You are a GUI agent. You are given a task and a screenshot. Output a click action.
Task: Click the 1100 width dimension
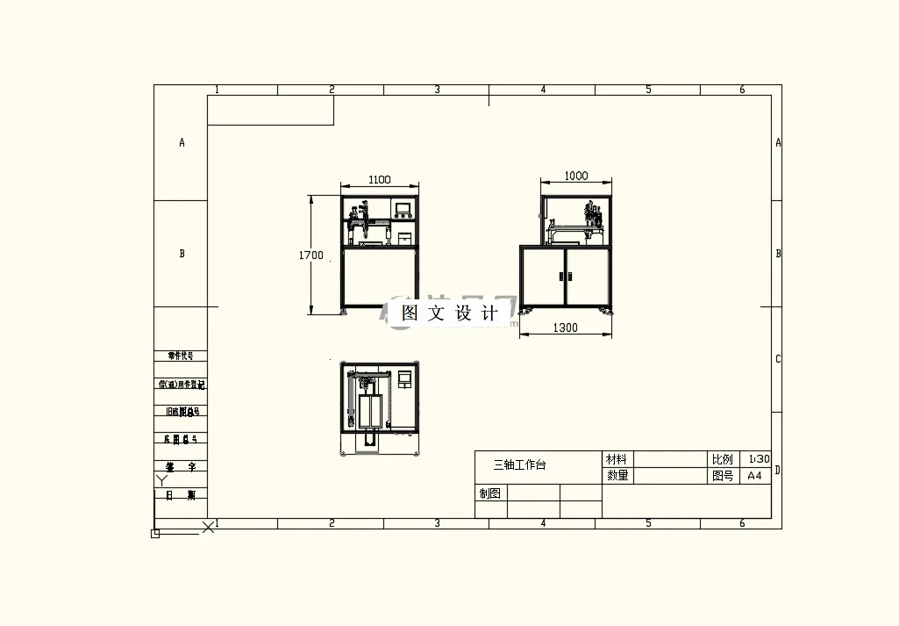coord(379,179)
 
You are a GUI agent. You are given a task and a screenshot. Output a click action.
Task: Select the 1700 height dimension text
coord(310,255)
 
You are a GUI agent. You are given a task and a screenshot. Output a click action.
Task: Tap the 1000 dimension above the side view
coord(575,176)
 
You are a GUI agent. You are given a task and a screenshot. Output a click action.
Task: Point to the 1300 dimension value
coord(566,327)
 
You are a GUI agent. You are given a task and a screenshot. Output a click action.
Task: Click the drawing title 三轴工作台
coord(519,464)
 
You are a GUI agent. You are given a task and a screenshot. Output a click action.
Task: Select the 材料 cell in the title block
coord(617,459)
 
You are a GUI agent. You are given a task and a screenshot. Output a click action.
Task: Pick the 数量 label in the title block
coord(617,476)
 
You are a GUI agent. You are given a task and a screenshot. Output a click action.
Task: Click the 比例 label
coord(722,459)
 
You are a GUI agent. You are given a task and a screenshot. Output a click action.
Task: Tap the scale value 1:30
coord(758,459)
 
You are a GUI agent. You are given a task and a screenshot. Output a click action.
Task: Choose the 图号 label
coord(722,476)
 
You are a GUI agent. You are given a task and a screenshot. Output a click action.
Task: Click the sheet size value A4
coord(754,476)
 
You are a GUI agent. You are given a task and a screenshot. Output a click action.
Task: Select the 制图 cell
coord(490,493)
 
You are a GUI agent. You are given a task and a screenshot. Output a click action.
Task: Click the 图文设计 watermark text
coord(450,313)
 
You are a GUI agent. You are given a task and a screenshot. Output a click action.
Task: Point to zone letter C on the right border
coord(777,359)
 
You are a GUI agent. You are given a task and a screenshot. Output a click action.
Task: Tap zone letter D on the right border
coord(777,470)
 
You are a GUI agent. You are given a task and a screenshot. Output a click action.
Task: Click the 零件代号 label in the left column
coord(181,356)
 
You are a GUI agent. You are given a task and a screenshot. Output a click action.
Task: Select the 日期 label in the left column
coord(181,495)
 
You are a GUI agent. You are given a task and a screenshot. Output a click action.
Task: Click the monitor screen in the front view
coord(403,209)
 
